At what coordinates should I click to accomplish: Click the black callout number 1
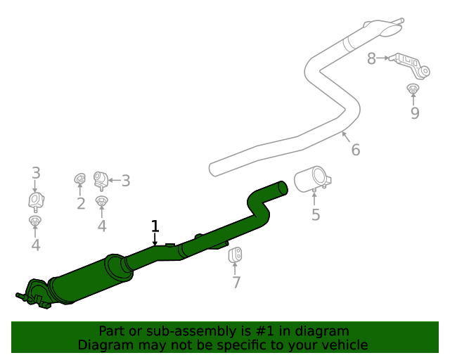pos(155,226)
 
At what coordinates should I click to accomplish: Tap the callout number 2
pos(81,204)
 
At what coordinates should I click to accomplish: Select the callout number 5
pos(316,215)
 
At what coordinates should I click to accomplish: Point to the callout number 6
pos(355,150)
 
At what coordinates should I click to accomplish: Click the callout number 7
pos(236,283)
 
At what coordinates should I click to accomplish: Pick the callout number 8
pos(371,59)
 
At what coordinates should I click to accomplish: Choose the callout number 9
pos(415,112)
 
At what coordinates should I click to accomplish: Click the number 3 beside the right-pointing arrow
pos(126,181)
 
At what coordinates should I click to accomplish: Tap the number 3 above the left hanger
pos(36,173)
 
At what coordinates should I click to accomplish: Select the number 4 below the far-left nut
pos(36,245)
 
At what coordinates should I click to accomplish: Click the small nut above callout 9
pos(413,89)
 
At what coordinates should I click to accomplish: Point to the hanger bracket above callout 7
pos(236,256)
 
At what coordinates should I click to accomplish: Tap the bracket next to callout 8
pos(411,64)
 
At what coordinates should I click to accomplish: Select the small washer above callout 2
pos(79,181)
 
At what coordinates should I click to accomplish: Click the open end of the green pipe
pos(283,187)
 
